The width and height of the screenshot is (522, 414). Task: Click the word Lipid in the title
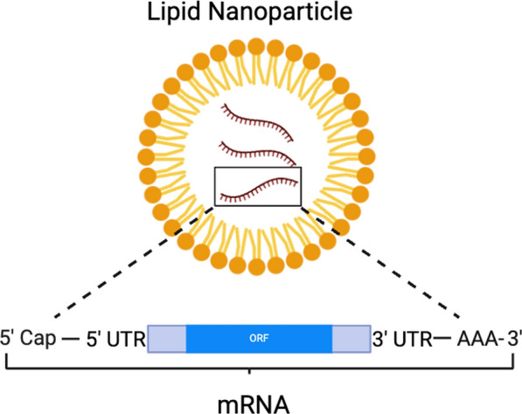pos(173,12)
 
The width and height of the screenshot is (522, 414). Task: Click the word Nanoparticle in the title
pos(280,11)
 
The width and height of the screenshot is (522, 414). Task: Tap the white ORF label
pos(259,338)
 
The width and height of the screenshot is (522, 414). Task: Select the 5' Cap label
pos(28,339)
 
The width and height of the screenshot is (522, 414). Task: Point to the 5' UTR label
pos(115,339)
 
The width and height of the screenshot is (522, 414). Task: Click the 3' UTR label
pos(402,339)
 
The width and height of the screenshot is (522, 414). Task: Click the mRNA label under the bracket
pos(254,404)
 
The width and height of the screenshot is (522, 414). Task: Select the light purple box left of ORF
pos(167,339)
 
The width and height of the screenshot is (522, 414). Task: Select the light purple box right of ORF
pos(351,339)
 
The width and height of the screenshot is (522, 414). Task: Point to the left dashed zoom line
pos(133,262)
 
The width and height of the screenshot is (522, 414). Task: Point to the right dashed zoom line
pos(380,262)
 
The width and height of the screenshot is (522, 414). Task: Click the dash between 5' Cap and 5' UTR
pos(71,339)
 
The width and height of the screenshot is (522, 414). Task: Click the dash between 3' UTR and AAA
pos(442,339)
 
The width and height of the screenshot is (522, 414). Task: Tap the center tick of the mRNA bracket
pos(249,371)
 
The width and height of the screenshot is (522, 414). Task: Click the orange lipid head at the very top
pos(256,46)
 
